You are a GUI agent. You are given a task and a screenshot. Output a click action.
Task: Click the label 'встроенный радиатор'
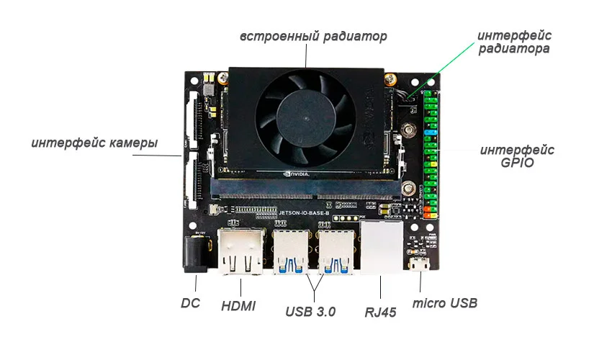[313, 35]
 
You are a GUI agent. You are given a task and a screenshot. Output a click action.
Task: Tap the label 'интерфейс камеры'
[94, 143]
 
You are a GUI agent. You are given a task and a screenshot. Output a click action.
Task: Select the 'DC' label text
[190, 303]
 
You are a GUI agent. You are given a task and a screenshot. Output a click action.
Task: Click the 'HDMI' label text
[238, 306]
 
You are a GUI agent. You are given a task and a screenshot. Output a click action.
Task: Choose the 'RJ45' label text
[381, 312]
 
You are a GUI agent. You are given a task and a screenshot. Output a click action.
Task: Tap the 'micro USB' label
[444, 303]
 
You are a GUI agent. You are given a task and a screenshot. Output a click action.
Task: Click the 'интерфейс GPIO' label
[517, 156]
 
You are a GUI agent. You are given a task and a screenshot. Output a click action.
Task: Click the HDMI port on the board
[241, 254]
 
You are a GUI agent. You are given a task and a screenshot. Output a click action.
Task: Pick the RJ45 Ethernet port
[381, 248]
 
